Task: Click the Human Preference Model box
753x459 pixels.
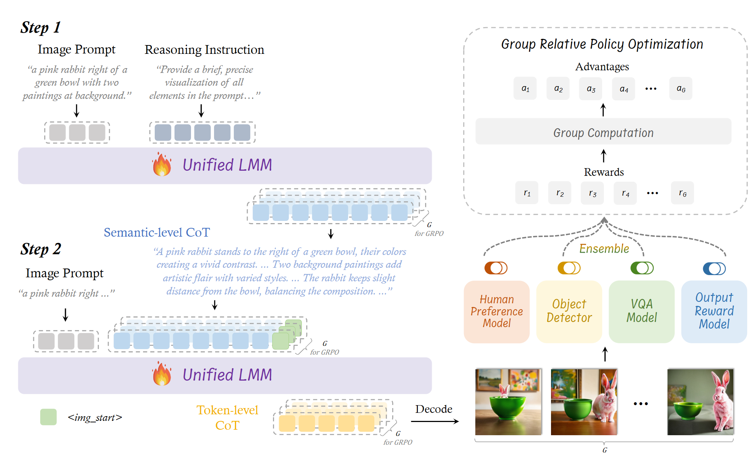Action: pyautogui.click(x=497, y=311)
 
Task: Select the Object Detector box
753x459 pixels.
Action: pyautogui.click(x=569, y=311)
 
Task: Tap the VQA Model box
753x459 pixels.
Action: pyautogui.click(x=641, y=311)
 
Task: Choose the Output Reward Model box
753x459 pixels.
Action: pyautogui.click(x=714, y=311)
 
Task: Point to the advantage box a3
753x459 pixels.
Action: pyautogui.click(x=591, y=89)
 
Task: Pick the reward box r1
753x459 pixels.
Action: pyautogui.click(x=527, y=193)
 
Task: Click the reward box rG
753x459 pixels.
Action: pyautogui.click(x=682, y=193)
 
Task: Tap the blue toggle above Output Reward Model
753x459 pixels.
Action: pyautogui.click(x=714, y=269)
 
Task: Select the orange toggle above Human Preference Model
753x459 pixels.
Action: pyautogui.click(x=496, y=268)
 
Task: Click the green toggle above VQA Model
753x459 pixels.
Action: pyautogui.click(x=642, y=268)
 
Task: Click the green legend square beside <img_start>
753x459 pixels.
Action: pyautogui.click(x=48, y=417)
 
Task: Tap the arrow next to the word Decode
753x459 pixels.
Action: pyautogui.click(x=435, y=421)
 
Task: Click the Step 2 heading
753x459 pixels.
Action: pyautogui.click(x=41, y=249)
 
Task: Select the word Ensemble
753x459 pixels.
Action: pyautogui.click(x=604, y=249)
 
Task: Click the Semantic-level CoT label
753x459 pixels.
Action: pyautogui.click(x=157, y=232)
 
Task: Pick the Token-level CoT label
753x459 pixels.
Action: pyautogui.click(x=227, y=418)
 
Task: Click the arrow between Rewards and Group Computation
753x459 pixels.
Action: pyautogui.click(x=604, y=156)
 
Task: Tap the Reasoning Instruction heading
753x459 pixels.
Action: pyautogui.click(x=204, y=50)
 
